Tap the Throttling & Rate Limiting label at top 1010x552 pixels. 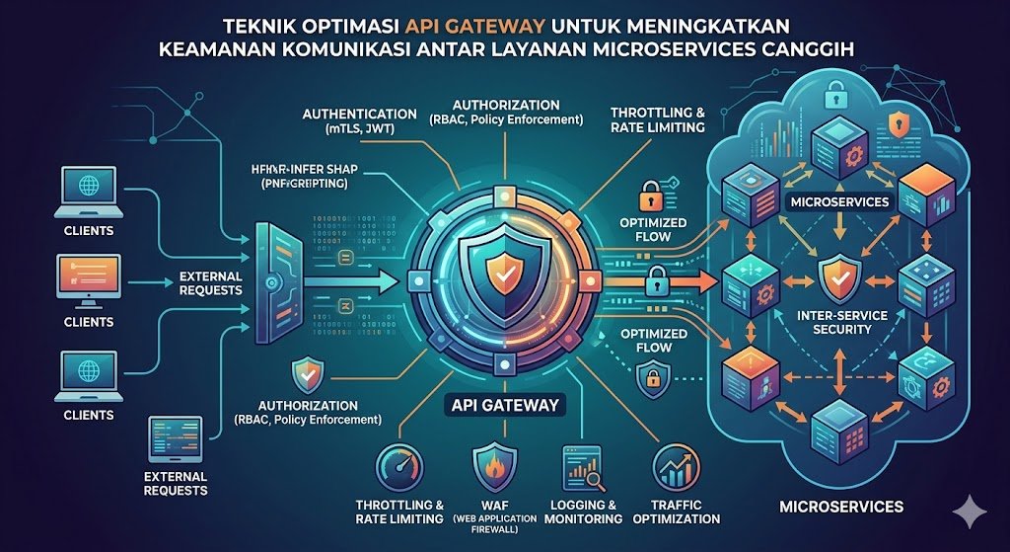tap(658, 119)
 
